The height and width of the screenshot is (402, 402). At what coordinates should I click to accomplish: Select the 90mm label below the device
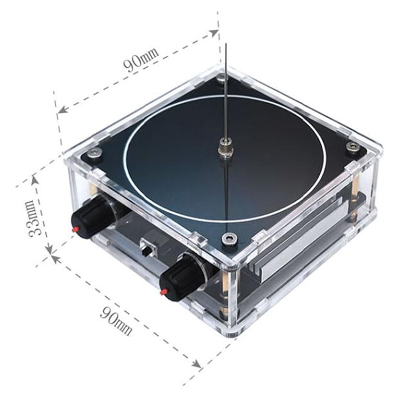[x=116, y=321]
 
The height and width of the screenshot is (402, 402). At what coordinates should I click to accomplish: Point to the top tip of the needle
[x=226, y=44]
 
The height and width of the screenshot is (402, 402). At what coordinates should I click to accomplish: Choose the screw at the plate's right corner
[x=353, y=145]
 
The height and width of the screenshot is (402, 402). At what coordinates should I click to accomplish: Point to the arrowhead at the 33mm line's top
[x=34, y=179]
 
